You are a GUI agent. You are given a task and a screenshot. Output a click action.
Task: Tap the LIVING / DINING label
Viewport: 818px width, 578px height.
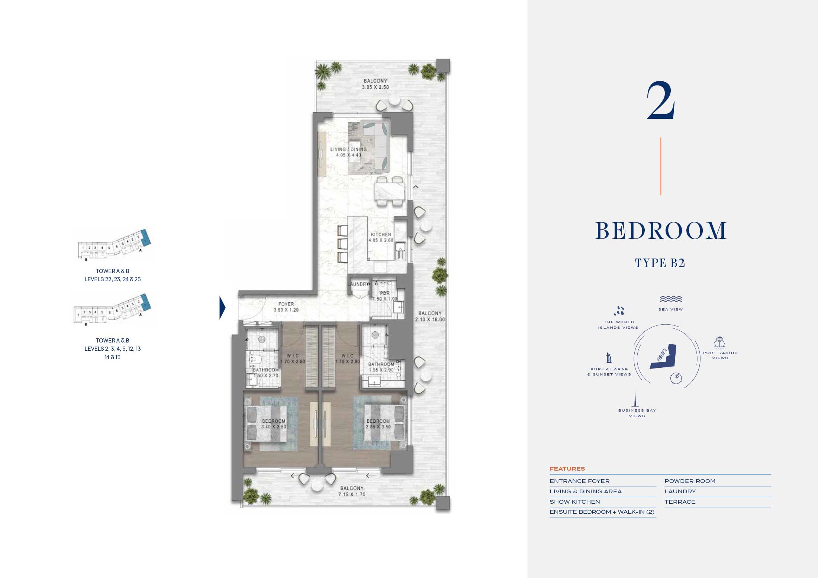point(348,152)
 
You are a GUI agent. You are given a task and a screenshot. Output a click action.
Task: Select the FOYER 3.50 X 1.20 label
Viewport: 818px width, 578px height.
point(286,307)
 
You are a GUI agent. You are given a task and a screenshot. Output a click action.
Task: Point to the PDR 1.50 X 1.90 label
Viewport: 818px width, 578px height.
point(385,296)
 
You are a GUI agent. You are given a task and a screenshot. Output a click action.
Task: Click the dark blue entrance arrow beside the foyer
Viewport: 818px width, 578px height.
point(222,307)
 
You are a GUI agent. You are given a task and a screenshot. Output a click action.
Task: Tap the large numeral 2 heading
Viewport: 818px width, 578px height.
point(661,101)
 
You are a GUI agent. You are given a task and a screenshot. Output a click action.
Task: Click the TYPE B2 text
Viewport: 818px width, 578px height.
point(660,263)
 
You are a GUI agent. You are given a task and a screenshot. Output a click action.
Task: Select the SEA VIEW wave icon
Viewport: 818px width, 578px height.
point(670,299)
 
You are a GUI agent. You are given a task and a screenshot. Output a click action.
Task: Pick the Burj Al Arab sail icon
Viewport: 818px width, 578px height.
point(609,358)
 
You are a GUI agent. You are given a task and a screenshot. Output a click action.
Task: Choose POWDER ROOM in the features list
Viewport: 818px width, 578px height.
point(690,481)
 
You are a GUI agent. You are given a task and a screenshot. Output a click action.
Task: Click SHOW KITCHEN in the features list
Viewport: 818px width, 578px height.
point(574,502)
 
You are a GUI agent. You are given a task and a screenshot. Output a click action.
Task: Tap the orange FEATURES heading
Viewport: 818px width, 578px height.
point(567,469)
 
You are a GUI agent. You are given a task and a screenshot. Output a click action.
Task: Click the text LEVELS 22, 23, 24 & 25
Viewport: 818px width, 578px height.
point(112,279)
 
